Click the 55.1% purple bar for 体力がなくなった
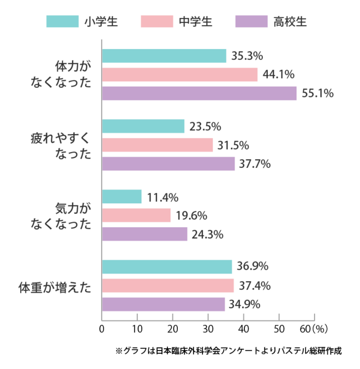click(199, 93)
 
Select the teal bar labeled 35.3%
click(164, 56)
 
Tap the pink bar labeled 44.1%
click(179, 75)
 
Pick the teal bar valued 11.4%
click(122, 197)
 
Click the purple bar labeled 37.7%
click(168, 164)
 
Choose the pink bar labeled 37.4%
click(167, 286)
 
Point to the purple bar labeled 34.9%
click(163, 304)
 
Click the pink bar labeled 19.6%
click(136, 216)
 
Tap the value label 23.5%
click(205, 126)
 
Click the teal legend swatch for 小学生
click(63, 22)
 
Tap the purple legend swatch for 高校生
click(253, 22)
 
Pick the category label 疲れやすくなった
click(60, 145)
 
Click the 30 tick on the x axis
click(208, 329)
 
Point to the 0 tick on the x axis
click(102, 329)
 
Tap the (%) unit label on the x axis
click(319, 329)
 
